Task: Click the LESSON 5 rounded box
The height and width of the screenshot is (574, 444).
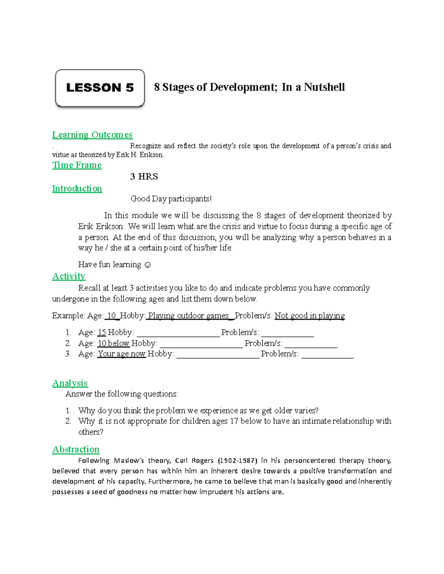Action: (x=100, y=88)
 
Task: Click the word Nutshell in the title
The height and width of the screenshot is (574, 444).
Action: (x=324, y=87)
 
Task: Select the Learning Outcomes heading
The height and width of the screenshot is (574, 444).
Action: (x=92, y=135)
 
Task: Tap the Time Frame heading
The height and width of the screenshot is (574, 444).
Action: (x=77, y=165)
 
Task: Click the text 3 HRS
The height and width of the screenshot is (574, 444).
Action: (x=144, y=177)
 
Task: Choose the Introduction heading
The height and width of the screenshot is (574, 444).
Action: (x=77, y=188)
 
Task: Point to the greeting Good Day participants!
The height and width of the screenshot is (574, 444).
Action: (x=171, y=199)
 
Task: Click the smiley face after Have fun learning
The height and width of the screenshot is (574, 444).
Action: (x=147, y=265)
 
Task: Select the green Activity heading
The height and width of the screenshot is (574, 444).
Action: (x=69, y=276)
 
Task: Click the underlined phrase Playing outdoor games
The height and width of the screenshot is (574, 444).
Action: (x=188, y=316)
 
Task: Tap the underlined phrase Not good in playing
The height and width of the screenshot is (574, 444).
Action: (x=310, y=316)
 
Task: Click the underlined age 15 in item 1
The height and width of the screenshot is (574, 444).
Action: (x=102, y=333)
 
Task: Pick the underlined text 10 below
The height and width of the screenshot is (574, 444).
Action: (x=113, y=343)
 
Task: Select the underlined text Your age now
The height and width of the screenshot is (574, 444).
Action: (x=121, y=354)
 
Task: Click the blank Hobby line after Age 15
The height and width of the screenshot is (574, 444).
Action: (x=178, y=334)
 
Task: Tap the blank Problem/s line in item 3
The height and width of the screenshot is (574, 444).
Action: (x=327, y=356)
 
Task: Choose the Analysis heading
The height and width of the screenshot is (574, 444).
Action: (x=70, y=383)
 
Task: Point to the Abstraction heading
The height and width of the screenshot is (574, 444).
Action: (x=76, y=449)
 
